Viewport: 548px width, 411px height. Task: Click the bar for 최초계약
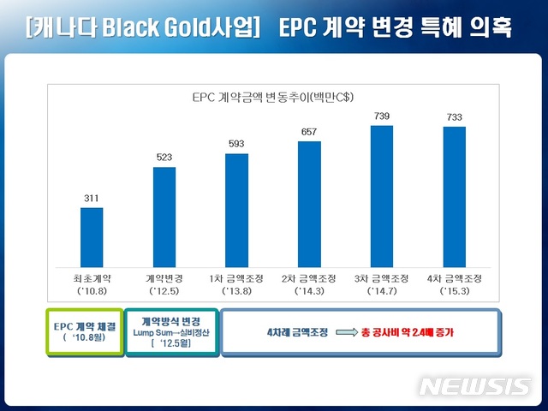pyautogui.click(x=92, y=236)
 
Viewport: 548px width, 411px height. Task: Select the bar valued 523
pyautogui.click(x=164, y=216)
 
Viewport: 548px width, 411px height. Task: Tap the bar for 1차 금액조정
pyautogui.click(x=236, y=210)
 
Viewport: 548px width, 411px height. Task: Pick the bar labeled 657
pyautogui.click(x=309, y=203)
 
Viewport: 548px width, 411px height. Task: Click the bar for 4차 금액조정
pyautogui.click(x=454, y=196)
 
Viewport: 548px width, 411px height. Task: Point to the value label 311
pyautogui.click(x=92, y=199)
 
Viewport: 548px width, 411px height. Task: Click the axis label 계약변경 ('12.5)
pyautogui.click(x=164, y=283)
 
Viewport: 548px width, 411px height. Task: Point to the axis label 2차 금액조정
pyautogui.click(x=309, y=277)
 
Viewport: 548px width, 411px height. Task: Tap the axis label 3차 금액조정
pyautogui.click(x=382, y=277)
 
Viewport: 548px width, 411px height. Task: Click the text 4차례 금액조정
pyautogui.click(x=291, y=331)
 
